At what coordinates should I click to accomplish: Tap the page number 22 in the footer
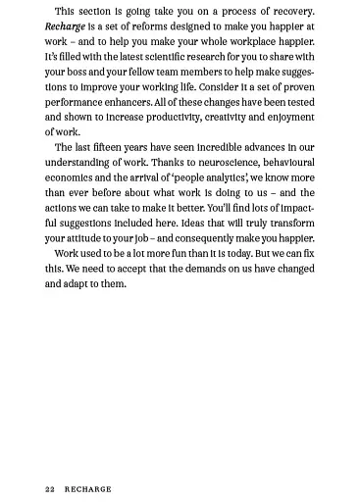(x=50, y=488)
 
